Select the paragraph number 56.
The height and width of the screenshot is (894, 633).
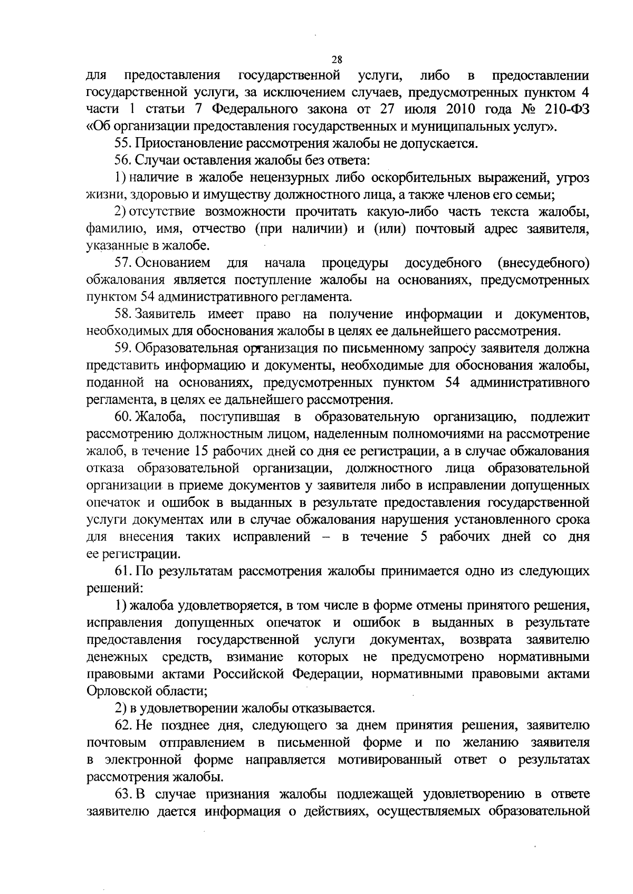[123, 161]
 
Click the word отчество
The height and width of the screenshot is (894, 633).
[217, 229]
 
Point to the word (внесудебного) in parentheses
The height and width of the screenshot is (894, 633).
[543, 263]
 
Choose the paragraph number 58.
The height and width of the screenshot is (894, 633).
[123, 314]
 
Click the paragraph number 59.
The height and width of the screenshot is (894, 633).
[123, 349]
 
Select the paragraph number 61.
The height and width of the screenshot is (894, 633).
[123, 571]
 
